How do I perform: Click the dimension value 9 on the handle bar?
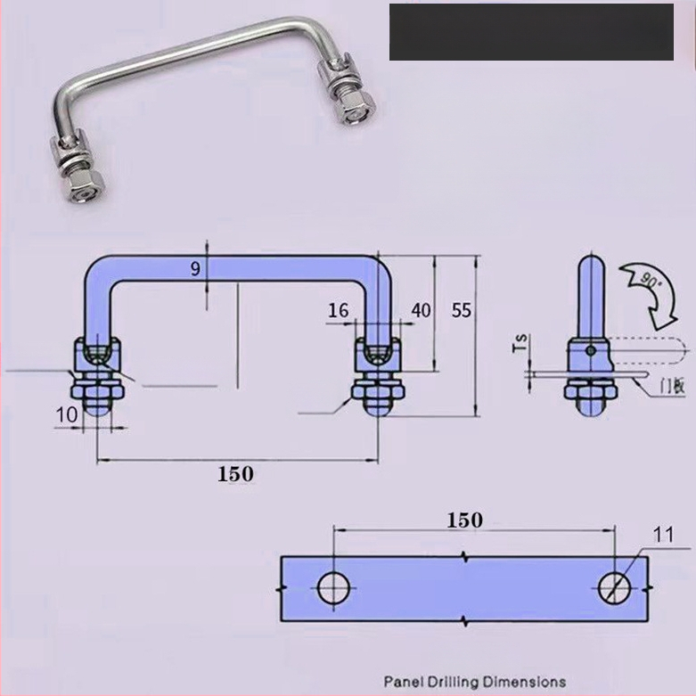point(196,269)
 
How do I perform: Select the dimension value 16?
point(339,310)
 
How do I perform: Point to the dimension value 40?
point(421,310)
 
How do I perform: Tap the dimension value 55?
point(462,310)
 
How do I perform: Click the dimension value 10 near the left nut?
point(67,415)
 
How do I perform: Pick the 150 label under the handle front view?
point(235,474)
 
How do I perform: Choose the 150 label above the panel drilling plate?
point(464,520)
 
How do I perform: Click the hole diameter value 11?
point(664,535)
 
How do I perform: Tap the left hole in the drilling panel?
point(334,588)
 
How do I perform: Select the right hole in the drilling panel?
point(614,588)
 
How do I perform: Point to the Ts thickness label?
point(520,343)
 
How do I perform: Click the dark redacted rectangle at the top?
point(531,32)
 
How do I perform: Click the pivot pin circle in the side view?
point(590,350)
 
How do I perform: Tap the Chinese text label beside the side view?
point(673,385)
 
